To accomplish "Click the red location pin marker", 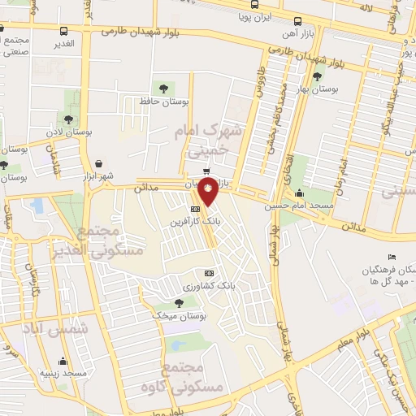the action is (209, 193).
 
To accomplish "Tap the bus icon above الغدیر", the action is (64, 31).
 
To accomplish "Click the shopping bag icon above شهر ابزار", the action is (98, 163).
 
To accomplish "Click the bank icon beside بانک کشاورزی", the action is (210, 274).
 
